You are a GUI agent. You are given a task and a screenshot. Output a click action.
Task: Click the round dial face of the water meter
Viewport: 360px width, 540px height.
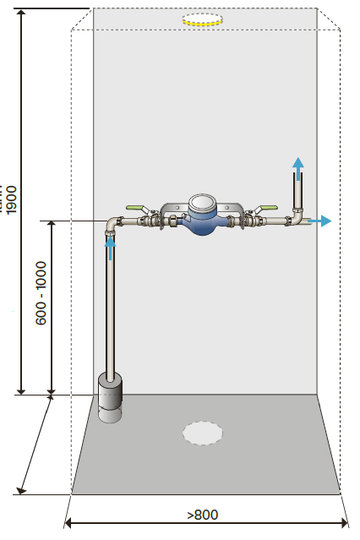pos(202,203)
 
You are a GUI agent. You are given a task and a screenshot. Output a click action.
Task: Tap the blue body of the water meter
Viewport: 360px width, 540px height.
pos(203,224)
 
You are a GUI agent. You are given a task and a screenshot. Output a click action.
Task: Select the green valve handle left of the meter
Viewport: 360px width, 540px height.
pos(134,208)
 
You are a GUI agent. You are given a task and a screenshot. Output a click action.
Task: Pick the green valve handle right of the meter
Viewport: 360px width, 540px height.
pos(269,208)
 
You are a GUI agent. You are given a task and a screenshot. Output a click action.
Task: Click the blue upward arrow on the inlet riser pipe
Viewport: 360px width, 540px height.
pos(110,248)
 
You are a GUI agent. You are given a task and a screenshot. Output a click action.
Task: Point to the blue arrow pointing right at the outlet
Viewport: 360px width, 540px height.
pos(319,221)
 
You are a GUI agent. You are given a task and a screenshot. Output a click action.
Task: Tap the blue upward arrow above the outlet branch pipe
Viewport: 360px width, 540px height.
pos(298,169)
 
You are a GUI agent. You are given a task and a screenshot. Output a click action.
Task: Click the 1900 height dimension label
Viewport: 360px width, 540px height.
pos(12,200)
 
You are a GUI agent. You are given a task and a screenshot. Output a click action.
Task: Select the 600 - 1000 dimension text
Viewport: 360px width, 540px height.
pos(41,293)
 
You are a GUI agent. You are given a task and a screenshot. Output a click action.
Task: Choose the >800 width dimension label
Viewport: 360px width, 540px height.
pos(203,515)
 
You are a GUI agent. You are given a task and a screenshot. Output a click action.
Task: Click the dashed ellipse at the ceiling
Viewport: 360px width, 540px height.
pos(203,19)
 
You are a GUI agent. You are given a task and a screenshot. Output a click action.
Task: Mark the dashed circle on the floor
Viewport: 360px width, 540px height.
pos(203,433)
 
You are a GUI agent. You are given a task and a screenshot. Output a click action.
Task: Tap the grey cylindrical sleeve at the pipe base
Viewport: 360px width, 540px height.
pos(110,398)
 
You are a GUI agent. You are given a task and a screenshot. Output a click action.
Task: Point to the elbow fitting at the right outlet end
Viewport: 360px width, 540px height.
pos(296,218)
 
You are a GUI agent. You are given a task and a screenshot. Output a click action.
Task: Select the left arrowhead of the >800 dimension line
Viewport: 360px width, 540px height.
pos(68,523)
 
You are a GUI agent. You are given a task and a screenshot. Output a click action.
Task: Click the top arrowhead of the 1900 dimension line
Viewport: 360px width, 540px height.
pos(21,13)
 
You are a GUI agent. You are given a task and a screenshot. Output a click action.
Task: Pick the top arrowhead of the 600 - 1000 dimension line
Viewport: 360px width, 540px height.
pos(51,224)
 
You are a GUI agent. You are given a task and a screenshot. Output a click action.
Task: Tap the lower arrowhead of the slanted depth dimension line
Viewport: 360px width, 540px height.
pos(22,490)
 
